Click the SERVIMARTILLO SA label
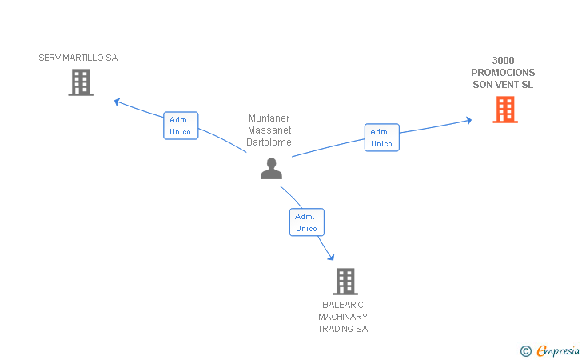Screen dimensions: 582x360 pos(78,58)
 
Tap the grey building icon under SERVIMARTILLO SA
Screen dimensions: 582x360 pos(81,82)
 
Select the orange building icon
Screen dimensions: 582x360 pos(505,110)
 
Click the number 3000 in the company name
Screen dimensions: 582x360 pos(503,61)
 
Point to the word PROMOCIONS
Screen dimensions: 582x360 pos(503,73)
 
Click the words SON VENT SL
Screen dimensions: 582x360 pos(503,85)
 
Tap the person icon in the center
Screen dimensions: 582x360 pos(271,169)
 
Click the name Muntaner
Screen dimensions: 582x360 pos(269,118)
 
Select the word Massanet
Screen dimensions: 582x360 pos(269,130)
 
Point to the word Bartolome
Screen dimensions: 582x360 pos(269,142)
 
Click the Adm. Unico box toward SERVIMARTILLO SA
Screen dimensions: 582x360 pos(181,126)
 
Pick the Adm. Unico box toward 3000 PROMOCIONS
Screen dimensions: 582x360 pos(382,138)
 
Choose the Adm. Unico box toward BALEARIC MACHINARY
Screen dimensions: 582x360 pos(307,222)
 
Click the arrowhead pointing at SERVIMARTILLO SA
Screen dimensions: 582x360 pos(117,101)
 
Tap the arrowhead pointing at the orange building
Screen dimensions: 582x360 pos(469,120)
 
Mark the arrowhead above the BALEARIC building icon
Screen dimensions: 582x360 pos(331,257)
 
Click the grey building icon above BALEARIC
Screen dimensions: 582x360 pos(345,282)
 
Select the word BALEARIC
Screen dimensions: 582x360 pos(343,305)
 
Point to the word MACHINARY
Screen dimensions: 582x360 pos(343,317)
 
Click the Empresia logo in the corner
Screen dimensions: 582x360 pos(550,350)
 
